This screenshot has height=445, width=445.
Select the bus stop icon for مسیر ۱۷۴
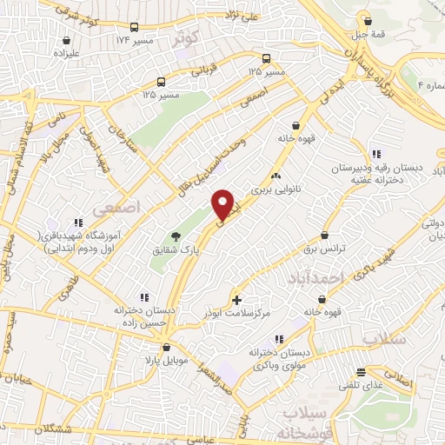[134, 28]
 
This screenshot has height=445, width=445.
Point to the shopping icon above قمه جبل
[369, 21]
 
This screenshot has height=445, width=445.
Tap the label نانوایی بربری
[275, 187]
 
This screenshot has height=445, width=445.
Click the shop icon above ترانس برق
[325, 235]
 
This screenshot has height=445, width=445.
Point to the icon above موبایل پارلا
[155, 347]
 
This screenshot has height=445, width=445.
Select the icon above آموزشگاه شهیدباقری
[77, 222]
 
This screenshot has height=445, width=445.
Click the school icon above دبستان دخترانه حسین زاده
[144, 296]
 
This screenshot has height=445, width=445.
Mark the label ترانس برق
[325, 249]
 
